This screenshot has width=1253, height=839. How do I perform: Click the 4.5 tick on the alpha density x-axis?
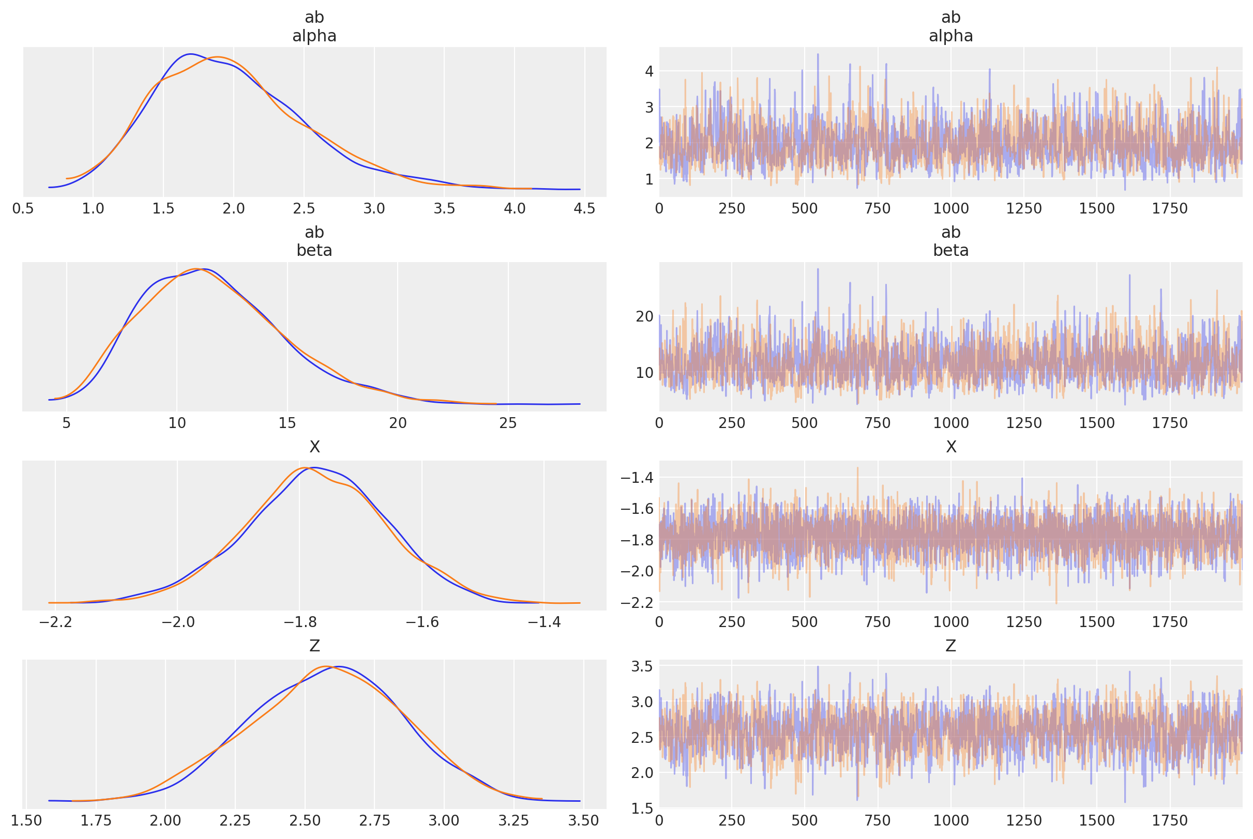coord(584,209)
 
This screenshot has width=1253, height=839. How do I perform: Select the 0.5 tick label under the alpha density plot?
coord(23,209)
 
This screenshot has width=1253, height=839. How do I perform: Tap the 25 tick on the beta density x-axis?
coord(508,423)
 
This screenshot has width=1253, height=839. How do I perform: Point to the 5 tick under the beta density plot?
coord(66,423)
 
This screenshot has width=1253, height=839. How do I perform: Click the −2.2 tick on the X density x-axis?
coord(55,622)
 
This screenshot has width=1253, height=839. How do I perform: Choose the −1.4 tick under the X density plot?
coord(544,622)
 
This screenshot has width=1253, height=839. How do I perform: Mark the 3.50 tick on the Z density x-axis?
coord(583,821)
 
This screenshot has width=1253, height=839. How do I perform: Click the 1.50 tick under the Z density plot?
coord(26,821)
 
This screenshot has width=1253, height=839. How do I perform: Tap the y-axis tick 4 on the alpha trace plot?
coord(648,71)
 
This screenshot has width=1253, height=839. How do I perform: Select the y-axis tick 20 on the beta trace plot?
coord(644,316)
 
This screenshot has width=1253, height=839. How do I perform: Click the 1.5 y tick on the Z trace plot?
coord(642,808)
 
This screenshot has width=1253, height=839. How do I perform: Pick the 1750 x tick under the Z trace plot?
coord(1170,821)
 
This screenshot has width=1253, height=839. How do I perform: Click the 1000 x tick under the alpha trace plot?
coord(950,209)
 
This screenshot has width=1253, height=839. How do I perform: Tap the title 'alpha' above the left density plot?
coord(314,36)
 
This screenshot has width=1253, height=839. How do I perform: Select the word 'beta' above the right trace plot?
coord(950,250)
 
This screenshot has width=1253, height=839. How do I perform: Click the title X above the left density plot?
coord(314,447)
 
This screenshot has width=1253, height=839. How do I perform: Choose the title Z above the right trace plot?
coord(950,646)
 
